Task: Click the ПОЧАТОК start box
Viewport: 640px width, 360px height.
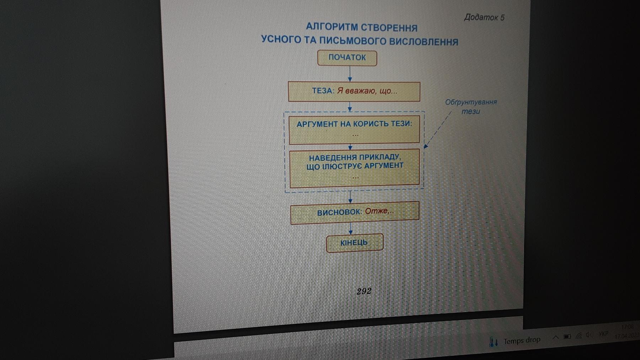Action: tap(347, 58)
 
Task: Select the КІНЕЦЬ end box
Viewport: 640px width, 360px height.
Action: tap(354, 243)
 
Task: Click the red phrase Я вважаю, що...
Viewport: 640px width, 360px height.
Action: tap(367, 91)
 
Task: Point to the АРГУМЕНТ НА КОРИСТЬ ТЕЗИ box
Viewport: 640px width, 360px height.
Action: tap(354, 129)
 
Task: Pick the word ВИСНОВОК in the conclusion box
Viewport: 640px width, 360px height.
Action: tap(339, 212)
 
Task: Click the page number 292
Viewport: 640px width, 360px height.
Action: tap(364, 291)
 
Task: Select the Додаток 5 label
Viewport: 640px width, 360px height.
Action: tap(484, 17)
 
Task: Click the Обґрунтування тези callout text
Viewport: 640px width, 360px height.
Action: tap(471, 107)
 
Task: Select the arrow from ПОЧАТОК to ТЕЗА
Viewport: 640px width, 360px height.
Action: tap(350, 74)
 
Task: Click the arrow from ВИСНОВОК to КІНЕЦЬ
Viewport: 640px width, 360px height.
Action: tap(351, 229)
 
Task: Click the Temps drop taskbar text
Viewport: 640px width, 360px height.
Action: tap(522, 340)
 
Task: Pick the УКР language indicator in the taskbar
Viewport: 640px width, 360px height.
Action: tap(603, 334)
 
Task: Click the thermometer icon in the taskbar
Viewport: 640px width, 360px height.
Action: tap(493, 342)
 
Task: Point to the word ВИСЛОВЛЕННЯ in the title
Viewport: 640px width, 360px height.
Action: tap(423, 42)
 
